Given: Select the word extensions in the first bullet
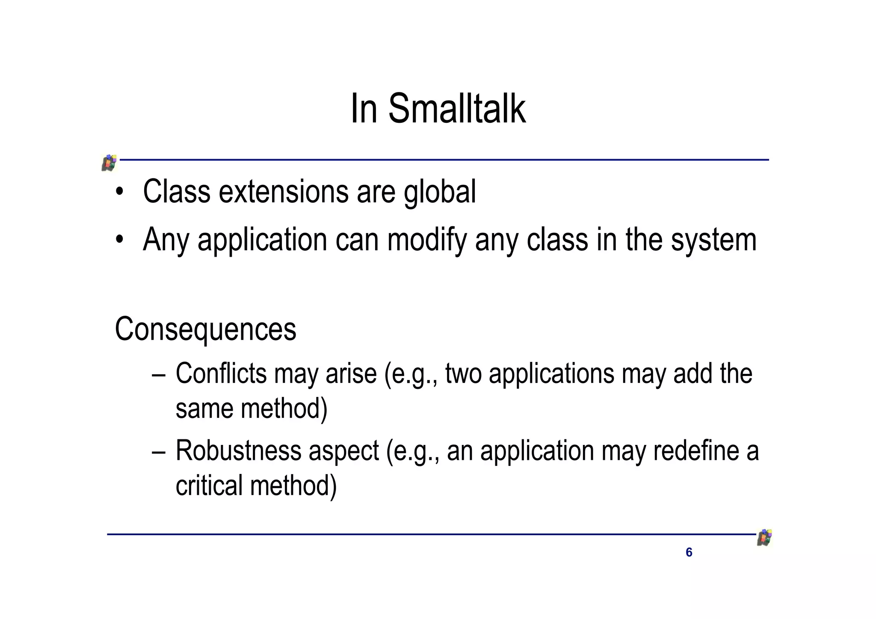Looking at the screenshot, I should [284, 192].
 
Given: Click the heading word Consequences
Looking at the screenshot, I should [205, 329].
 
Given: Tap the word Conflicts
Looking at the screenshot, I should [221, 373].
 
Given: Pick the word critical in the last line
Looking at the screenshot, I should [209, 486].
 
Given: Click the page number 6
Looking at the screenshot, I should [689, 552].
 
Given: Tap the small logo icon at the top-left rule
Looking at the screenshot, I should [109, 163].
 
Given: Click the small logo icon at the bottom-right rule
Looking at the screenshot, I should [764, 538].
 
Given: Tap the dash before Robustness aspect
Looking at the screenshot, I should [158, 452].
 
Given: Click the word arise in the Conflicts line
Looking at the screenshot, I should [351, 373].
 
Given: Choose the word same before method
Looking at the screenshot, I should [204, 409].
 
